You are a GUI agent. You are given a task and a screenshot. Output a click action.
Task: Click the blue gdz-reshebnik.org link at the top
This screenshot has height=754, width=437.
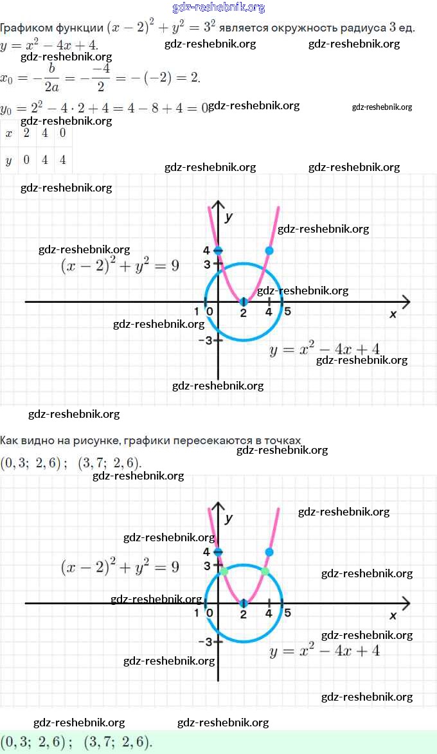pyautogui.click(x=219, y=8)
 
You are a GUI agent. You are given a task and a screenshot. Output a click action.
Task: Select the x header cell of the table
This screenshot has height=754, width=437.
pyautogui.click(x=8, y=133)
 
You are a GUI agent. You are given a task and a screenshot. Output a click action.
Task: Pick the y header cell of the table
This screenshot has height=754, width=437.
pyautogui.click(x=8, y=160)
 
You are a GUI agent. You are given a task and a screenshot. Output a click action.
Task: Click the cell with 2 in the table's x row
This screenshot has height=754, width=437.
pyautogui.click(x=26, y=133)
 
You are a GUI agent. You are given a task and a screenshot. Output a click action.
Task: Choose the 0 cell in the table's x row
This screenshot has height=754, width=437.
pyautogui.click(x=62, y=133)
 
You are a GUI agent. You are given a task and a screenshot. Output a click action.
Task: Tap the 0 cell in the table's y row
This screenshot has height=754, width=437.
pyautogui.click(x=26, y=160)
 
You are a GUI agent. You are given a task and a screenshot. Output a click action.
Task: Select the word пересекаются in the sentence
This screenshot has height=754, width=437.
pyautogui.click(x=217, y=440)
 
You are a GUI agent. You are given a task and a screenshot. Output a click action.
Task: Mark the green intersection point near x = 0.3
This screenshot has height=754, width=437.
pyautogui.click(x=224, y=571)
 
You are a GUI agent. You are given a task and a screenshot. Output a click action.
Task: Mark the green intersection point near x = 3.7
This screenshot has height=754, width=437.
pyautogui.click(x=265, y=571)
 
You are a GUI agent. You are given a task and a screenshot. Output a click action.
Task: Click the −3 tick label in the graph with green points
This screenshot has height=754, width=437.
pyautogui.click(x=205, y=642)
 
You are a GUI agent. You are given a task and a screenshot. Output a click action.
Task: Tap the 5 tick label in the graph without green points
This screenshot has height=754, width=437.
pyautogui.click(x=287, y=312)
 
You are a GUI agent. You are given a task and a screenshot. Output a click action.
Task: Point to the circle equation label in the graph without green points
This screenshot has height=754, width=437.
pyautogui.click(x=120, y=265)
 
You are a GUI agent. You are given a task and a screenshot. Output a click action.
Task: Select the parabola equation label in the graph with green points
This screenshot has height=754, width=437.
pyautogui.click(x=325, y=651)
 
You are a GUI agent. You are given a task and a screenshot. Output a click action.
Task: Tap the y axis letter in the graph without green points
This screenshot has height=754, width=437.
pyautogui.click(x=229, y=217)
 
